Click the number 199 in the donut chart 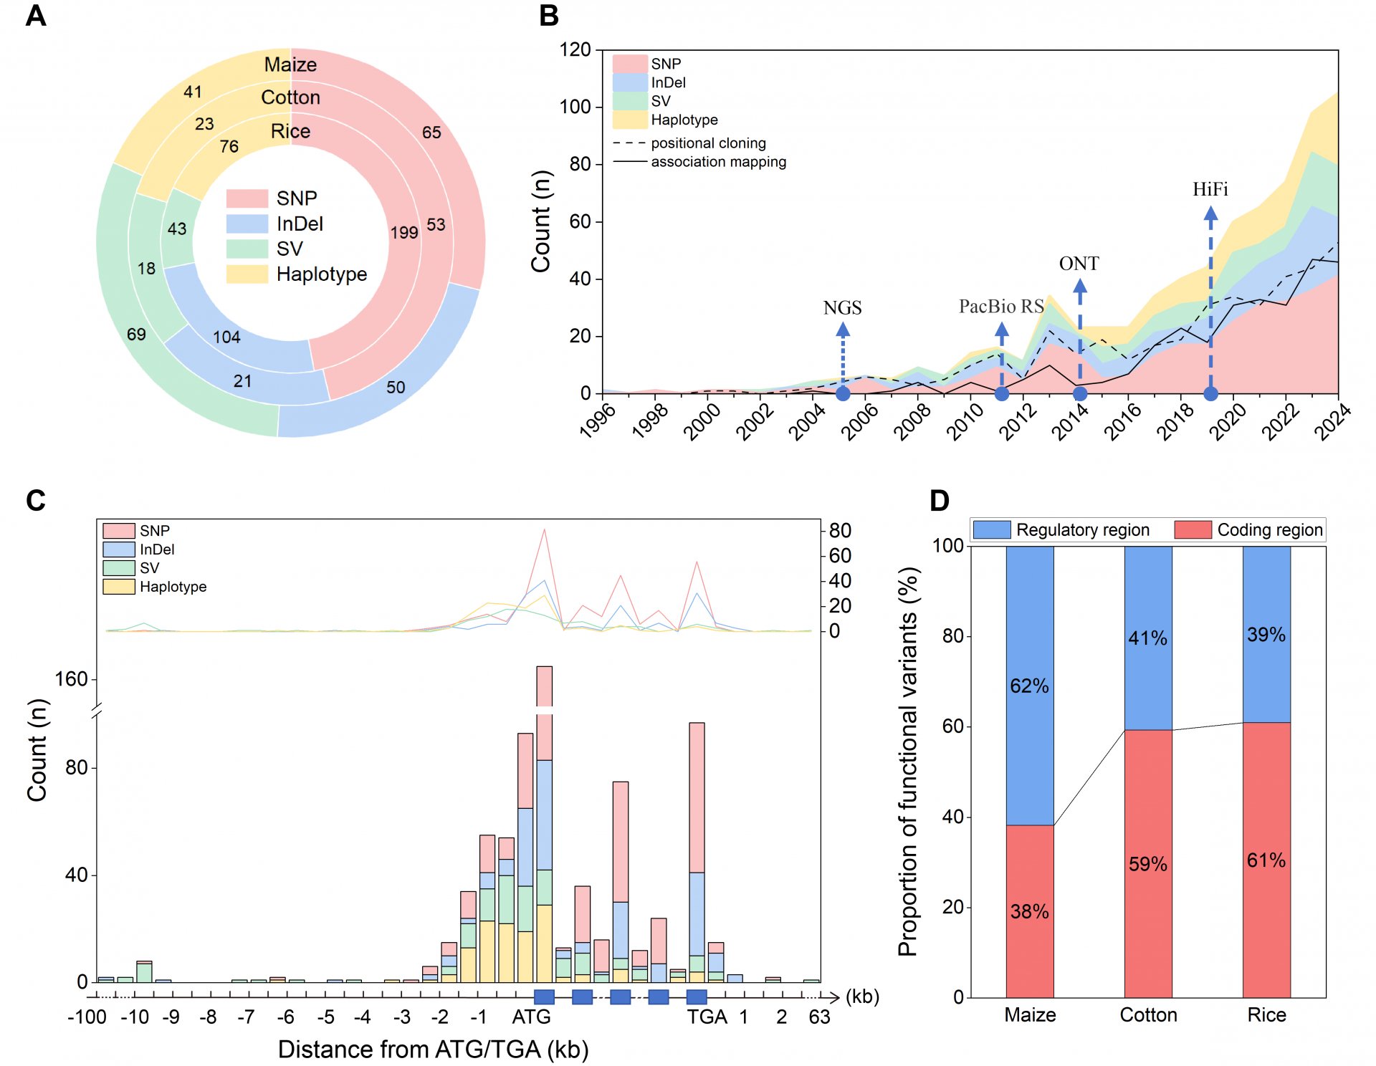point(404,232)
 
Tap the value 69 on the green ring point(136,334)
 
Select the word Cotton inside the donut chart point(290,97)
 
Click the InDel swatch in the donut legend point(247,224)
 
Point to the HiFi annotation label point(1210,189)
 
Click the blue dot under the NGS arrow point(843,393)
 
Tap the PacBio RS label point(1001,307)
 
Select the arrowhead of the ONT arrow point(1079,286)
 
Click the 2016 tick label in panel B point(1122,421)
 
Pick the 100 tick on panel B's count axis point(575,107)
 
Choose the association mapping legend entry point(699,162)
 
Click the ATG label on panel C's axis point(531,1017)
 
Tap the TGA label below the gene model point(707,1017)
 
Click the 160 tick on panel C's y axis point(71,679)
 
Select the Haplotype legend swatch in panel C point(119,587)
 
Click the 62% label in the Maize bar point(1029,686)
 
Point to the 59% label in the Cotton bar point(1148,864)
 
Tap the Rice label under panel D point(1266,1015)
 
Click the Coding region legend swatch point(1193,529)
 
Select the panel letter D point(939,500)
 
